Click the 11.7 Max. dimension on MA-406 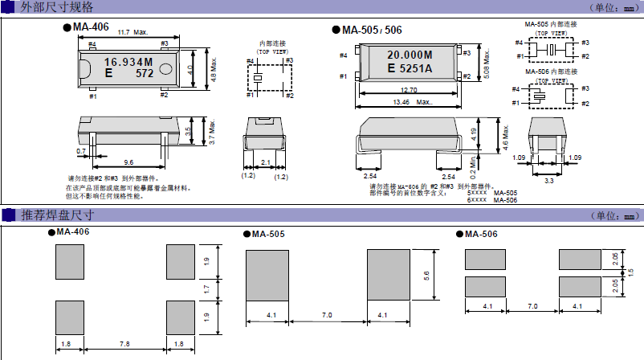click(132, 33)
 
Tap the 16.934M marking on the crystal click(128, 61)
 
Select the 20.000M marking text click(410, 55)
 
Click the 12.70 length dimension click(409, 90)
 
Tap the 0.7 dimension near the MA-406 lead click(81, 151)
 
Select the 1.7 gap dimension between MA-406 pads click(206, 287)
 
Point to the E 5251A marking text click(410, 69)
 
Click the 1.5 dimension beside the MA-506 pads click(630, 272)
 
